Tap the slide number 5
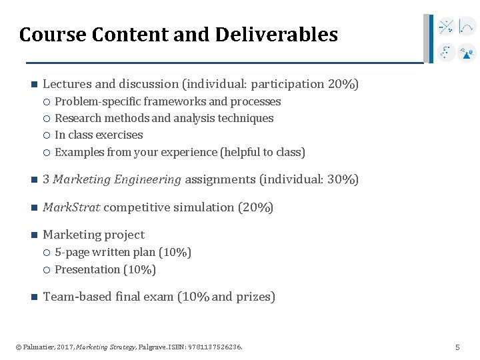(x=457, y=347)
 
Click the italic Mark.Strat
(x=71, y=207)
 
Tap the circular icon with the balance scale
(x=467, y=52)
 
